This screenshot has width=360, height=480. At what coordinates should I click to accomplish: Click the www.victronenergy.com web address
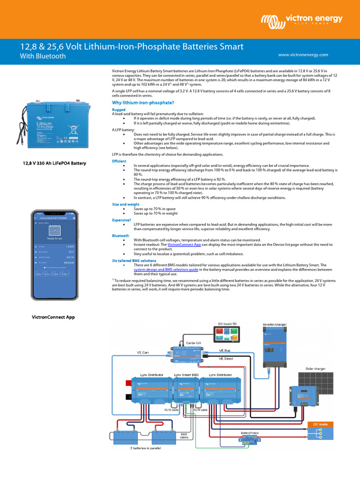(303, 55)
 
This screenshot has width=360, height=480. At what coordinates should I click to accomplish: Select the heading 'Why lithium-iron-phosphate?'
(143, 103)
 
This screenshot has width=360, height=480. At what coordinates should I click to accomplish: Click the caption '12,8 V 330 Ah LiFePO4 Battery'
(55, 163)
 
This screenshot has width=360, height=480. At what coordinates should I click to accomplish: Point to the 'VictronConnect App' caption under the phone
(53, 317)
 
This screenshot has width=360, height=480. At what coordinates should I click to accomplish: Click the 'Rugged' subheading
(119, 110)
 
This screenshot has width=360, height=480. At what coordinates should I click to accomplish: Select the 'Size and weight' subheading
(125, 204)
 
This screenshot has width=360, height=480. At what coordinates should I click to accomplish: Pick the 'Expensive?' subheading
(121, 220)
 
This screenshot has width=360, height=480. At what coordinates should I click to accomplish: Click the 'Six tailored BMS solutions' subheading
(134, 260)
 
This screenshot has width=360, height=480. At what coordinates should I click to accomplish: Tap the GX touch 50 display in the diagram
(228, 336)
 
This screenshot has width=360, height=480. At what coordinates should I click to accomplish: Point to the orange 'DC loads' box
(320, 424)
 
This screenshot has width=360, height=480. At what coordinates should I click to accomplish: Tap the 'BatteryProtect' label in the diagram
(250, 433)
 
